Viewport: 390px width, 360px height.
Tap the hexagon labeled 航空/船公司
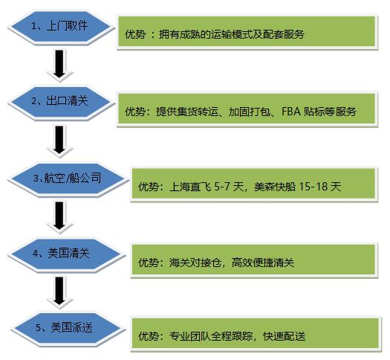click(x=67, y=179)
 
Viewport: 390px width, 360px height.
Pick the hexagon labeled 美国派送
click(x=67, y=328)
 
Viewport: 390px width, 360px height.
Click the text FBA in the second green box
click(x=291, y=112)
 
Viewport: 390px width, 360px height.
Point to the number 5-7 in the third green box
click(x=223, y=186)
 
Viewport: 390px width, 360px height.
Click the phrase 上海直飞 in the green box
click(x=190, y=187)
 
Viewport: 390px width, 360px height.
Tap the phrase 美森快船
click(x=275, y=187)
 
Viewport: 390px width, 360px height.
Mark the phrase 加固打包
click(x=249, y=112)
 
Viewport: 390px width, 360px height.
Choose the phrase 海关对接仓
click(x=195, y=263)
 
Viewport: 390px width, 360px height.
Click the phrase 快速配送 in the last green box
click(x=284, y=336)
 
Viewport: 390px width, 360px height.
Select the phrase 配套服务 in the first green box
click(x=284, y=34)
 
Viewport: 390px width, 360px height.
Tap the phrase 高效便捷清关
click(x=263, y=263)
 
